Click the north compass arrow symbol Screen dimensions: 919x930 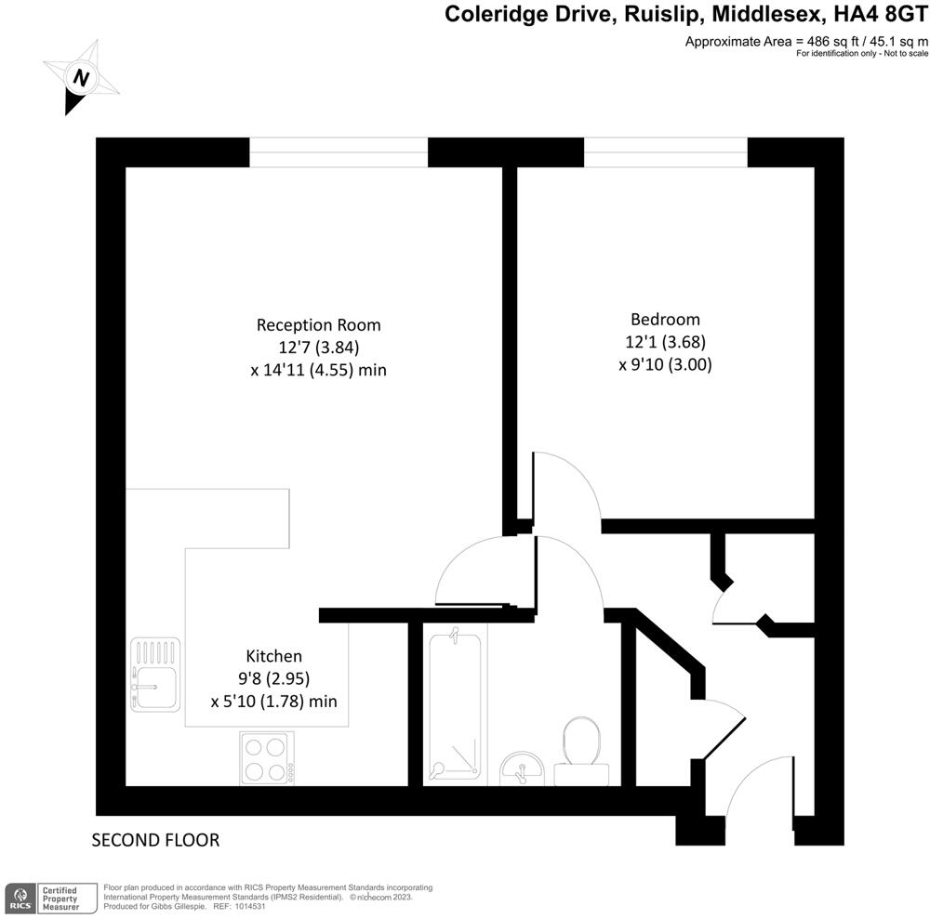(81, 78)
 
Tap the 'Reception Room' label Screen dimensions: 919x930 (319, 325)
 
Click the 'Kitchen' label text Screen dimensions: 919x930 (273, 655)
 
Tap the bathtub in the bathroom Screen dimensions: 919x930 (455, 705)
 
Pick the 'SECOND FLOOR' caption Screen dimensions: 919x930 (155, 841)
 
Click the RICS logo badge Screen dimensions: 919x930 (20, 898)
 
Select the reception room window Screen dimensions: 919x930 (339, 152)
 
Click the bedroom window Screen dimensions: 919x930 (666, 152)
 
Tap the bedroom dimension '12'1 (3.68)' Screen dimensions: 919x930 (665, 342)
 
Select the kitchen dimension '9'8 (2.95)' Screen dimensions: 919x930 (273, 677)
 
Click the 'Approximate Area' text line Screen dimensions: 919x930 (806, 41)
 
